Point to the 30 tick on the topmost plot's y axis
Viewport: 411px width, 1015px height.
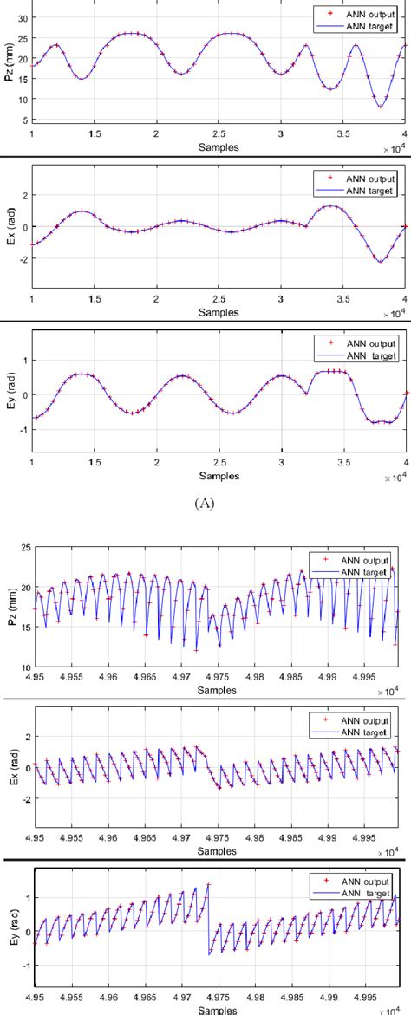(23, 17)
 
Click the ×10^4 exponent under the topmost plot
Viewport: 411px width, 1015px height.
(395, 148)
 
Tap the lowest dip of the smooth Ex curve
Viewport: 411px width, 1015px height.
(380, 261)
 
